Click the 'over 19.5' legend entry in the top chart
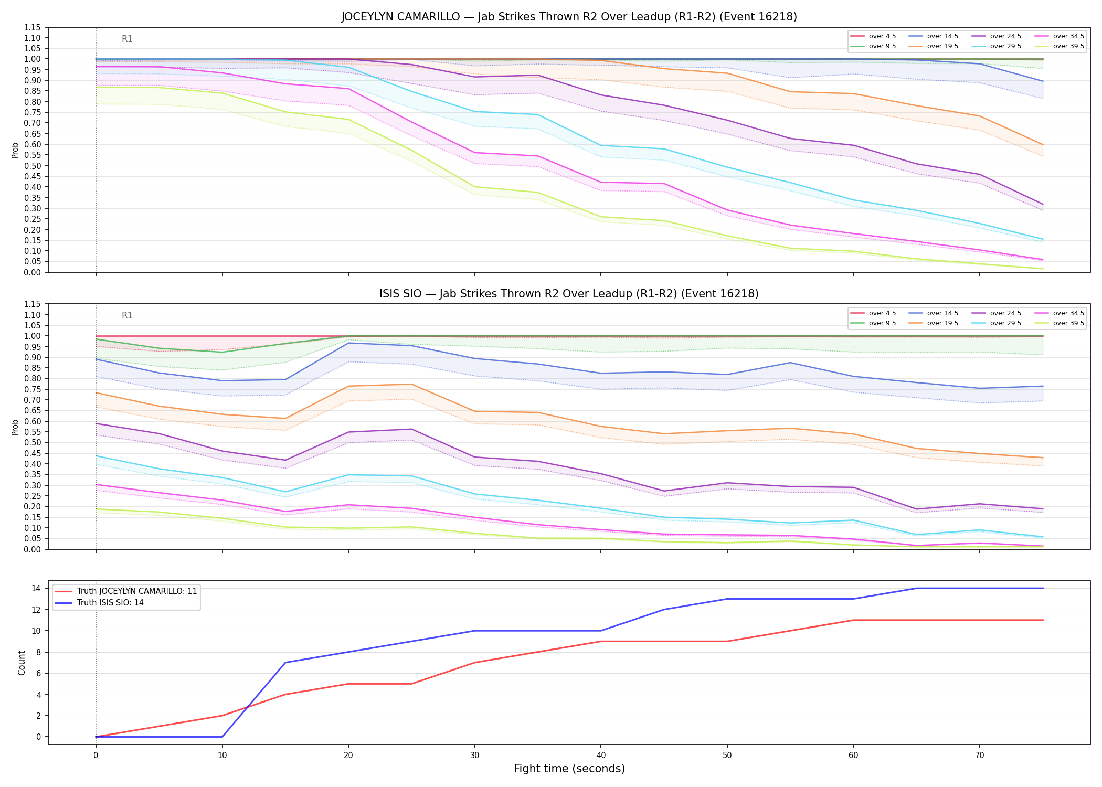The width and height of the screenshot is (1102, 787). click(936, 46)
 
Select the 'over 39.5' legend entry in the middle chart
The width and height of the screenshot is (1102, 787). click(1062, 323)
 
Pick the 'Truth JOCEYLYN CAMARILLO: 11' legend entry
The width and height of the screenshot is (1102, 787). click(126, 591)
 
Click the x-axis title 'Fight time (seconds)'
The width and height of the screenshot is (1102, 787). click(569, 769)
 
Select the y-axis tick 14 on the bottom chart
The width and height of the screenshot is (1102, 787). click(36, 588)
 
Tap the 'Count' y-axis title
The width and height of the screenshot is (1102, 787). click(22, 663)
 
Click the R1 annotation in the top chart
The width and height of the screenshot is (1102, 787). click(127, 39)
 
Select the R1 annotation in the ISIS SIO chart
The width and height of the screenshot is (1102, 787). click(127, 315)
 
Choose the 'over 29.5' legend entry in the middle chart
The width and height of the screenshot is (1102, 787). click(999, 323)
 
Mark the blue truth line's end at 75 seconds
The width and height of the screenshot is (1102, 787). click(1043, 588)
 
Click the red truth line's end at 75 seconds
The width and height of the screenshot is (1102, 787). click(1043, 620)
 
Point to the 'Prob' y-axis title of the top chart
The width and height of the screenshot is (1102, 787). click(15, 150)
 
